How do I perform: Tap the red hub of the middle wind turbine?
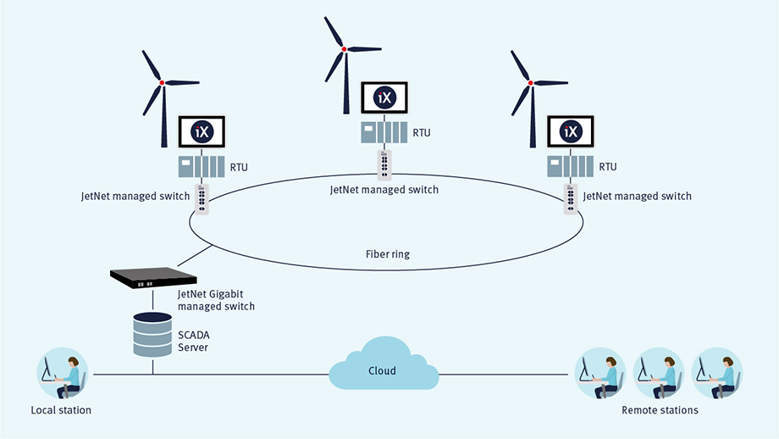tap(344, 50)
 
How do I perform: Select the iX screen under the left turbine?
tap(202, 132)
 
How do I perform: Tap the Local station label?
tap(61, 410)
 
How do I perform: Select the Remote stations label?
tap(660, 410)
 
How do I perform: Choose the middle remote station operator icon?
tap(660, 373)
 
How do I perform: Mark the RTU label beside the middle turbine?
tap(423, 132)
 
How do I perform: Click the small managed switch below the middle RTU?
tap(385, 163)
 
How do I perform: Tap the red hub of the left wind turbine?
tap(161, 82)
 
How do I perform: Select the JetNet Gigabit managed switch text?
tap(216, 300)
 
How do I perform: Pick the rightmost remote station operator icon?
tap(717, 373)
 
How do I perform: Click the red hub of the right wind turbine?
tap(531, 82)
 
